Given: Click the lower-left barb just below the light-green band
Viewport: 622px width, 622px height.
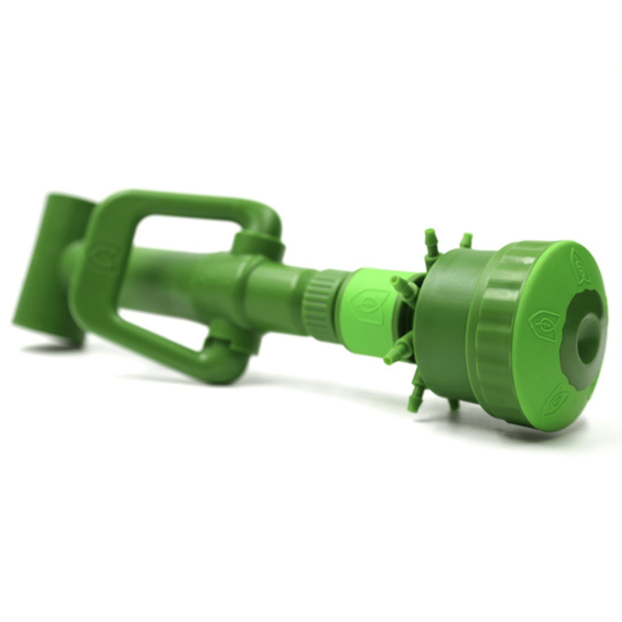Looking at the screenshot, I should (x=394, y=355).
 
